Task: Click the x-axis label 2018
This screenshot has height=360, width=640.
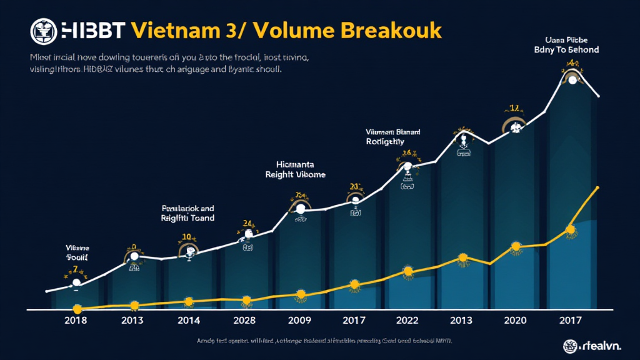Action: [75, 321]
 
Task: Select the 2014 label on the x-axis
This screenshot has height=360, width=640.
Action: [189, 321]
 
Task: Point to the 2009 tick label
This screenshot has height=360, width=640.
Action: [301, 321]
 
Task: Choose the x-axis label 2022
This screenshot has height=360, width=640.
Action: [407, 321]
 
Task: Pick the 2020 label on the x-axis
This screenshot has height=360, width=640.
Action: [515, 321]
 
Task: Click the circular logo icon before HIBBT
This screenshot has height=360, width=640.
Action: [43, 30]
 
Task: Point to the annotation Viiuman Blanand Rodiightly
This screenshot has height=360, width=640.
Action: [393, 137]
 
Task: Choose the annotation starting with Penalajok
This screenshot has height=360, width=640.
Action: [187, 213]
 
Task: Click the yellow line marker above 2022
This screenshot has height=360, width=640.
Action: [407, 271]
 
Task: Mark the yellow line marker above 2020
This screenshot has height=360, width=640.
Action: [515, 247]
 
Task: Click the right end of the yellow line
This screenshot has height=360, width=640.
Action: [599, 187]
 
